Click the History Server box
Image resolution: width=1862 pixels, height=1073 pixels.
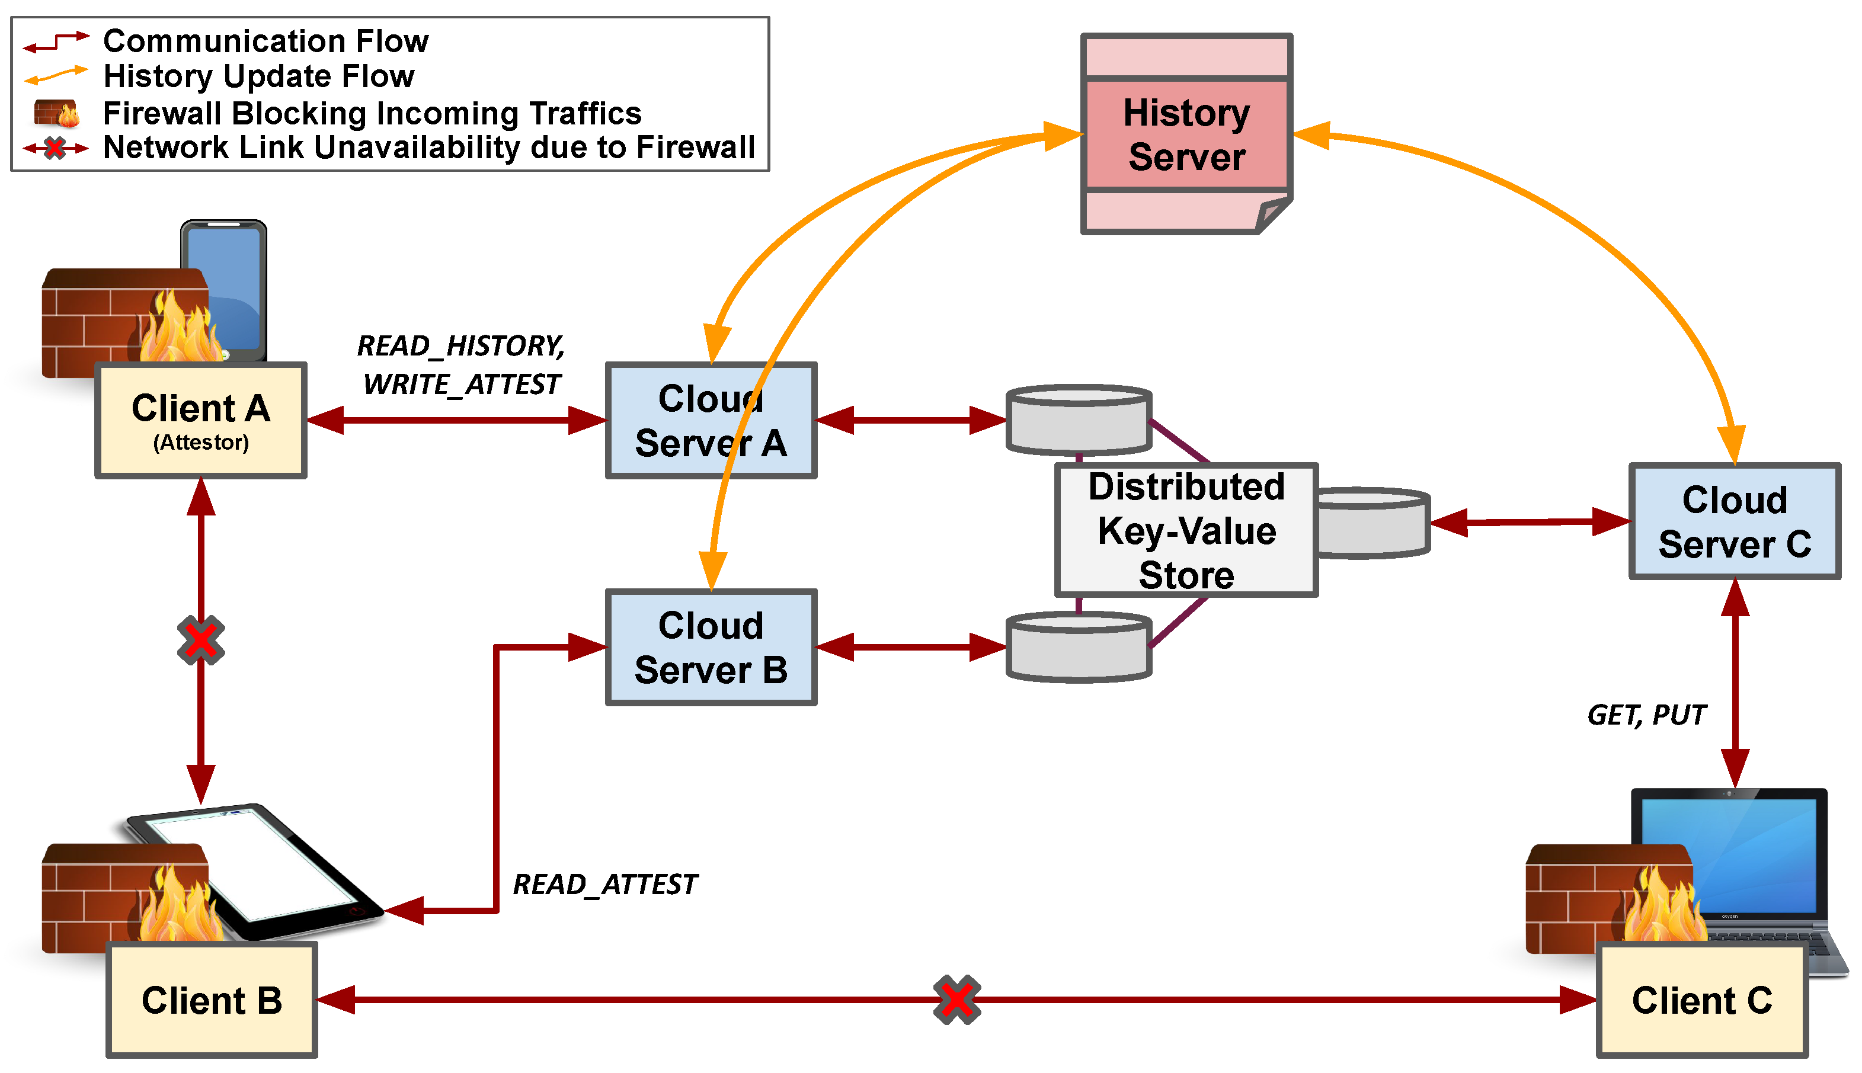[1186, 134]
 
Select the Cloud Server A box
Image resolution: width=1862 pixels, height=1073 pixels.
[711, 420]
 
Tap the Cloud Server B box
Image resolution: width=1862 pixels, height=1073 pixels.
[711, 647]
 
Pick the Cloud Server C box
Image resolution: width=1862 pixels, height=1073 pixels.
[1735, 521]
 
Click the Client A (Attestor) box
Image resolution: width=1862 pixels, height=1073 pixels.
[200, 420]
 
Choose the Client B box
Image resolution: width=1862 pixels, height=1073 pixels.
[212, 1000]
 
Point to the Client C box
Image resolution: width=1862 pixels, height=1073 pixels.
[1702, 1000]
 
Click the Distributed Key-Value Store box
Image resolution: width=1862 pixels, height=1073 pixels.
[1186, 530]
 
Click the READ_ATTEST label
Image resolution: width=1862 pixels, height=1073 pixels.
[604, 883]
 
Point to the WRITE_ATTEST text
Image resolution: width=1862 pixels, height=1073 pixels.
[462, 384]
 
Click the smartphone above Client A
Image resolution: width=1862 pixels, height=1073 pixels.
[223, 290]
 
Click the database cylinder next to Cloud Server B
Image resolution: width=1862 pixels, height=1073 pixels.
[1079, 646]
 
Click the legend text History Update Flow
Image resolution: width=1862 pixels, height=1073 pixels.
[259, 76]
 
